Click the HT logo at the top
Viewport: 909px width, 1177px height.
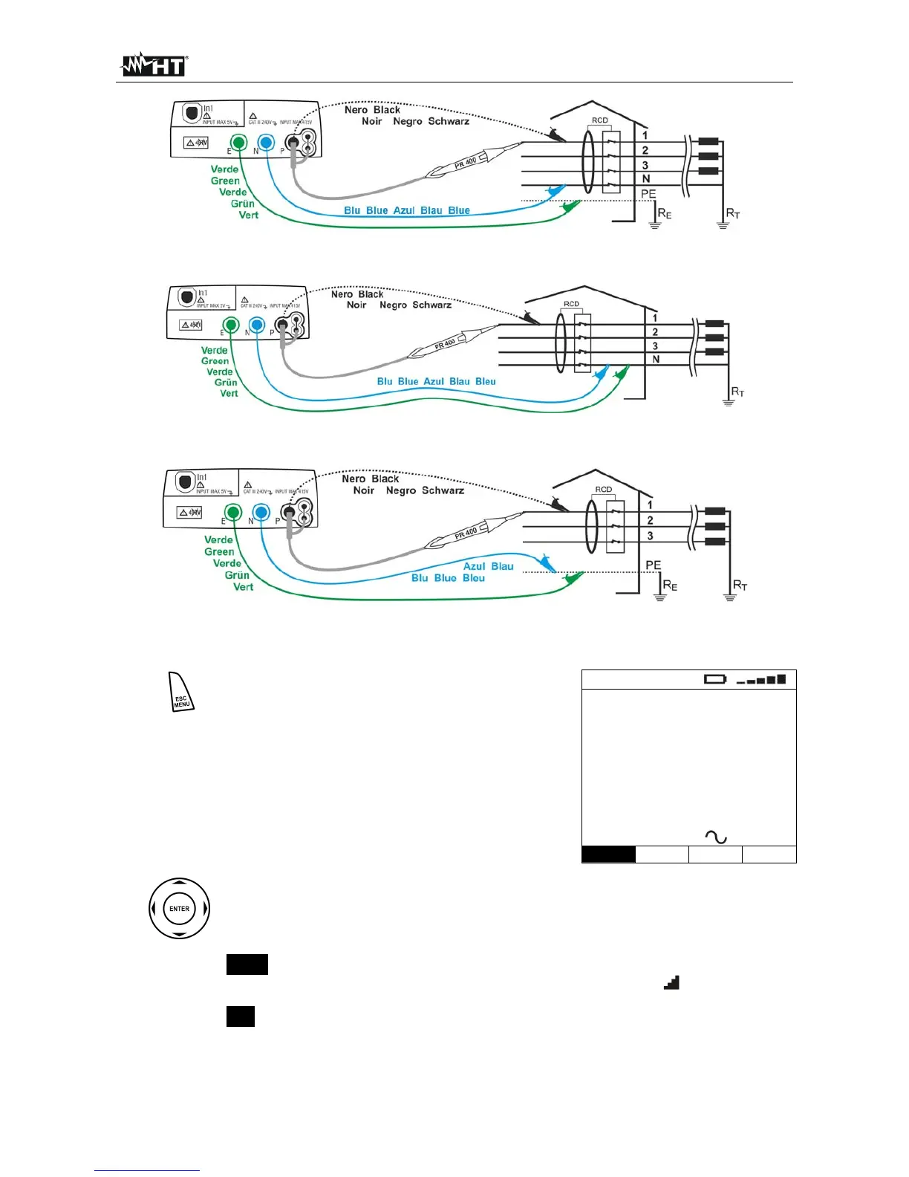pos(154,65)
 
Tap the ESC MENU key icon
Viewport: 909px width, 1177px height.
pos(181,693)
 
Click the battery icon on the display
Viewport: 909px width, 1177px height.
pos(715,679)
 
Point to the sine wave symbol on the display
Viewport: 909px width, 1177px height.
pos(716,837)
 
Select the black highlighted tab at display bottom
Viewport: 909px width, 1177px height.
pos(608,855)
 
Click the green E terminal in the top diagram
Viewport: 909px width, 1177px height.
pos(238,143)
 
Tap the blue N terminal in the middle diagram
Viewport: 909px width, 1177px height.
pos(256,325)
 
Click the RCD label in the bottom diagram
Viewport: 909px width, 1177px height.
pos(603,490)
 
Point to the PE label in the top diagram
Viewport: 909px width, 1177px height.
pos(648,194)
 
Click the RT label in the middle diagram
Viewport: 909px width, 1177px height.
pos(737,392)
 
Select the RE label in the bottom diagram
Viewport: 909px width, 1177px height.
pos(670,586)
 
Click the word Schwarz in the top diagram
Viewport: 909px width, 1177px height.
pos(449,121)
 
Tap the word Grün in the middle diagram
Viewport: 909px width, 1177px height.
pos(226,383)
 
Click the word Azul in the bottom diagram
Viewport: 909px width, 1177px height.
pos(475,566)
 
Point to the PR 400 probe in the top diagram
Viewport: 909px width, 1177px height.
pos(466,162)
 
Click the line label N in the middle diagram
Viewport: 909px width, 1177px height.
pos(656,360)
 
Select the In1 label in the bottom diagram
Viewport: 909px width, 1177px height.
pos(202,478)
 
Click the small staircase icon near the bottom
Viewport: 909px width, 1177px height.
pos(671,982)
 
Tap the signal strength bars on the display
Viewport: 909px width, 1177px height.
pos(761,679)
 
